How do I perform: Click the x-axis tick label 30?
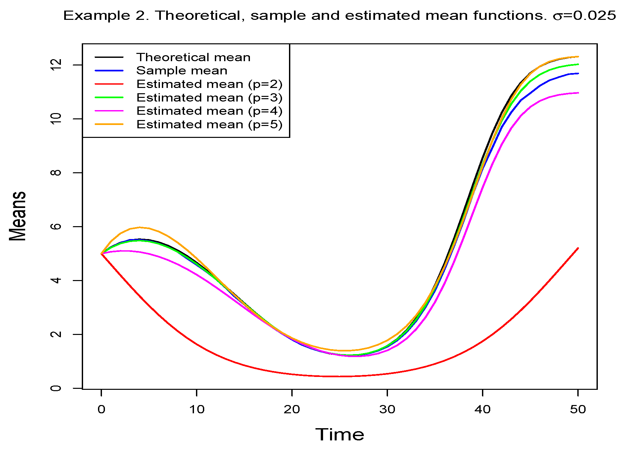click(x=387, y=410)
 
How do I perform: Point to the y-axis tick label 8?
click(x=57, y=173)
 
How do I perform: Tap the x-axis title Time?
click(x=340, y=434)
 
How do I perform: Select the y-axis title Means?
click(x=18, y=216)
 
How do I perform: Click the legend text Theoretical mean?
click(x=193, y=57)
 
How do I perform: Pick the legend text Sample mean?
click(x=182, y=71)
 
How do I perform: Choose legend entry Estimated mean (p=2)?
click(x=209, y=84)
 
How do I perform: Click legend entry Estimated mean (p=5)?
click(x=209, y=125)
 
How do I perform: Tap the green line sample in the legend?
click(x=109, y=98)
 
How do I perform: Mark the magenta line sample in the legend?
click(x=109, y=111)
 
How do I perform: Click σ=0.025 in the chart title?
click(x=584, y=16)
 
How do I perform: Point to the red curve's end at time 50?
click(x=578, y=248)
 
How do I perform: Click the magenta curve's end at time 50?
click(x=578, y=93)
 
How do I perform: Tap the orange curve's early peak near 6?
click(x=140, y=227)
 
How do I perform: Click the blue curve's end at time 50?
click(x=578, y=73)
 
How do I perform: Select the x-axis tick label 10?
click(x=197, y=410)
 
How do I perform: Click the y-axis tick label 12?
click(x=57, y=65)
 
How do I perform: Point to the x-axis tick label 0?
click(x=101, y=410)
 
